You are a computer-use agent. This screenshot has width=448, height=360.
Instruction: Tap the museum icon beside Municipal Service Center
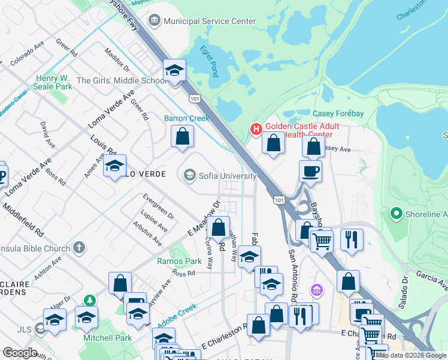point(154,21)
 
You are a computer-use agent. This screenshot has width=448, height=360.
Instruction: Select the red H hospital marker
point(256,128)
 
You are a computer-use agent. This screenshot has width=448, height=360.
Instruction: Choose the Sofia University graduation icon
point(189,175)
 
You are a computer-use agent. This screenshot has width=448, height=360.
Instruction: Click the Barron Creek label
point(187,118)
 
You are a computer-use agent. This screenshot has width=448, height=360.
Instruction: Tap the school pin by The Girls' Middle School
point(174,71)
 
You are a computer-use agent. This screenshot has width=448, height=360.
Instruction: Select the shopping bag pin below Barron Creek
point(182,136)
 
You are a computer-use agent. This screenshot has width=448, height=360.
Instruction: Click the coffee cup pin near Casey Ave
point(310,171)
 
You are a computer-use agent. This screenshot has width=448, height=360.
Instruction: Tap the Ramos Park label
point(179,261)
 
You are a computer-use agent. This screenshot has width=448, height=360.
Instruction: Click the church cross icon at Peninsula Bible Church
point(79,247)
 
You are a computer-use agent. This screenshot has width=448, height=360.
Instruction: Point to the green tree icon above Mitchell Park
point(89,299)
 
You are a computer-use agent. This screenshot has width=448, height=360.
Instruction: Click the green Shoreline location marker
point(395,214)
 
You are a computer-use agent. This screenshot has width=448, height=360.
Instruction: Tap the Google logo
point(20,353)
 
